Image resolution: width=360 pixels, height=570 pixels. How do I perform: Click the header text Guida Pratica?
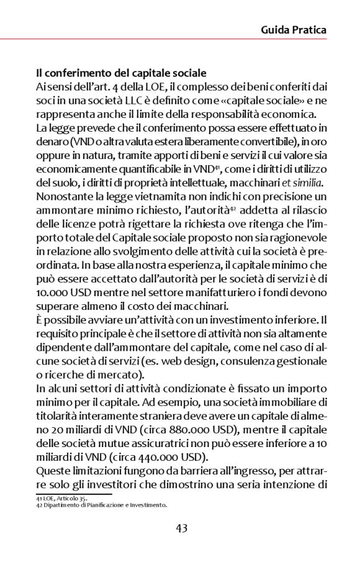pyautogui.click(x=293, y=29)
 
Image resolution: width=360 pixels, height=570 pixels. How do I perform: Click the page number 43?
pyautogui.click(x=181, y=528)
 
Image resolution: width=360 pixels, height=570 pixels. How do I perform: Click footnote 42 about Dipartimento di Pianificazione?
pyautogui.click(x=101, y=505)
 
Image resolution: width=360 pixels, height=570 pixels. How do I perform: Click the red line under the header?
pyautogui.click(x=180, y=40)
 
